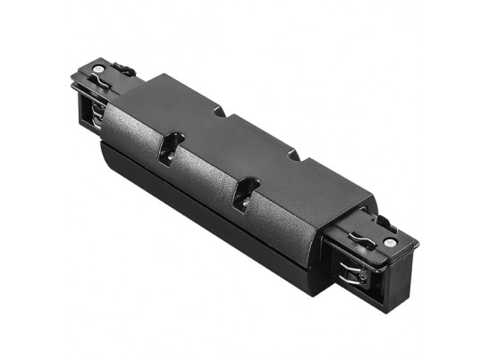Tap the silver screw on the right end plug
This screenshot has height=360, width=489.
[391, 243]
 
